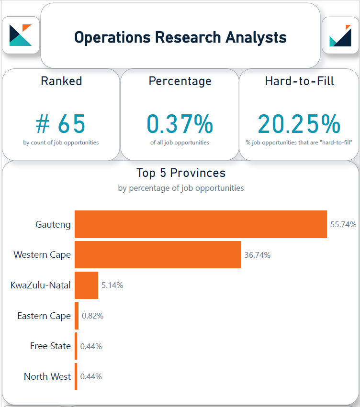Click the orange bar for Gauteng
[201, 224]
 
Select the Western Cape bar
[158, 254]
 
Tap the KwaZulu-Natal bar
[87, 285]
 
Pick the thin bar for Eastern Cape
[77, 316]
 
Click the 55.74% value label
[343, 224]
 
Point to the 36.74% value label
[258, 255]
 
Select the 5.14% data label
[112, 285]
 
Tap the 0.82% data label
[92, 316]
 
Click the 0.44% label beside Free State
[91, 346]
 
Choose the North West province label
[47, 376]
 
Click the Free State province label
[50, 346]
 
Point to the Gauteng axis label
[53, 224]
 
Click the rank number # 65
[61, 124]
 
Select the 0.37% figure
[180, 124]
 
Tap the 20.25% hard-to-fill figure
[299, 124]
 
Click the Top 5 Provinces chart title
[181, 173]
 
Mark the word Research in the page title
[188, 37]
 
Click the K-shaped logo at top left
[21, 35]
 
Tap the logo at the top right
[340, 35]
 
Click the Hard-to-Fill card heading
[299, 81]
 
